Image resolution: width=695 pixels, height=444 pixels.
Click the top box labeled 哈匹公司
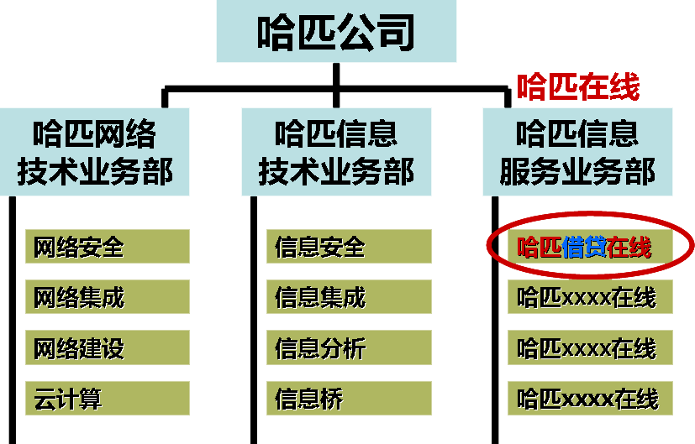tap(336, 31)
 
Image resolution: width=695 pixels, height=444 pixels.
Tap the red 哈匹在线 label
tap(578, 86)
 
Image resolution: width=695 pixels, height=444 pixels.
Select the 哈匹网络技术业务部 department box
tap(94, 152)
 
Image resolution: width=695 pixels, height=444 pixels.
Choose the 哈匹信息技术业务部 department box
tap(336, 152)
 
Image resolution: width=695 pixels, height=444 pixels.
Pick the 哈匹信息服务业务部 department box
tap(577, 152)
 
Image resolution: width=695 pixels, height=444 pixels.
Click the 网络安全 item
tap(108, 247)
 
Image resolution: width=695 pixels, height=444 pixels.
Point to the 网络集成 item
tap(108, 296)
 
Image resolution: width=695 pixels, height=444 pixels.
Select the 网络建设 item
tap(108, 347)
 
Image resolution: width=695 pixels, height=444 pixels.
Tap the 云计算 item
tap(108, 399)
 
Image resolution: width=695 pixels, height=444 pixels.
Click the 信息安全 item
tap(349, 247)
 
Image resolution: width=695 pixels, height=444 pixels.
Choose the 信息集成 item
tap(349, 296)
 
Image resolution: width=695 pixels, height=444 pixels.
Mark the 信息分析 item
tap(349, 347)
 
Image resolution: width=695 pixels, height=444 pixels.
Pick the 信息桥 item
tap(349, 399)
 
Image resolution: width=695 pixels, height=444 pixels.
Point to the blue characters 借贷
tap(584, 247)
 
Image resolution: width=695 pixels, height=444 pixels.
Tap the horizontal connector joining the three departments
tap(336, 89)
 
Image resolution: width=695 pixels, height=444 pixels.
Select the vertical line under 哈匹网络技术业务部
tap(13, 320)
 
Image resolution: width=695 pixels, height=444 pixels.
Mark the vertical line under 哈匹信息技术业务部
tap(254, 320)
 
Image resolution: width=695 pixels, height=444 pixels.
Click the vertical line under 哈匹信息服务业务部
tap(495, 320)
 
